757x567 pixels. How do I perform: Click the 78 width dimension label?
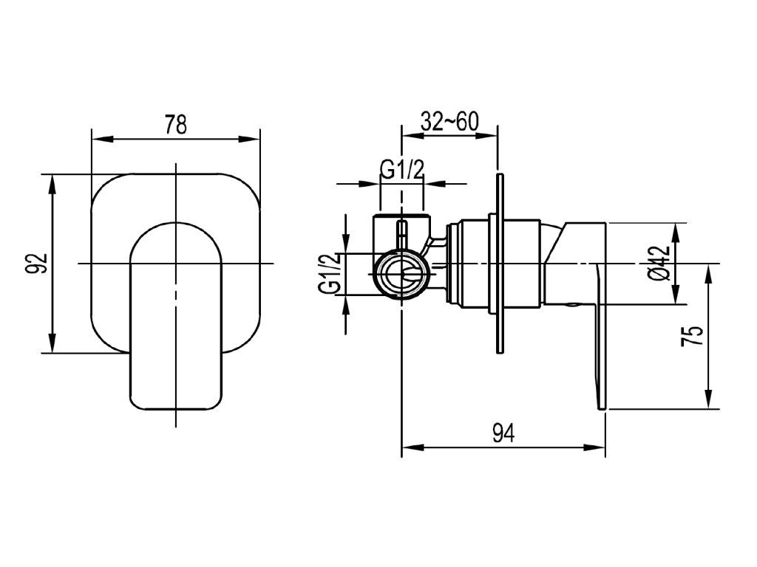click(x=175, y=124)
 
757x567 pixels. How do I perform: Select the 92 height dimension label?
click(x=41, y=264)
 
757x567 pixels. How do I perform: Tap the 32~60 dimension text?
click(x=449, y=122)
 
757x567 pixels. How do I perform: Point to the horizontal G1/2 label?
click(x=401, y=170)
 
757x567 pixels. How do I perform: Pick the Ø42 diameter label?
click(x=660, y=264)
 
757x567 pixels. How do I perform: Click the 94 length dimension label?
click(x=503, y=433)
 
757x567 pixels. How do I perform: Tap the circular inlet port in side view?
click(x=401, y=274)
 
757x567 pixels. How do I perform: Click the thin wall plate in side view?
click(x=500, y=264)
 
